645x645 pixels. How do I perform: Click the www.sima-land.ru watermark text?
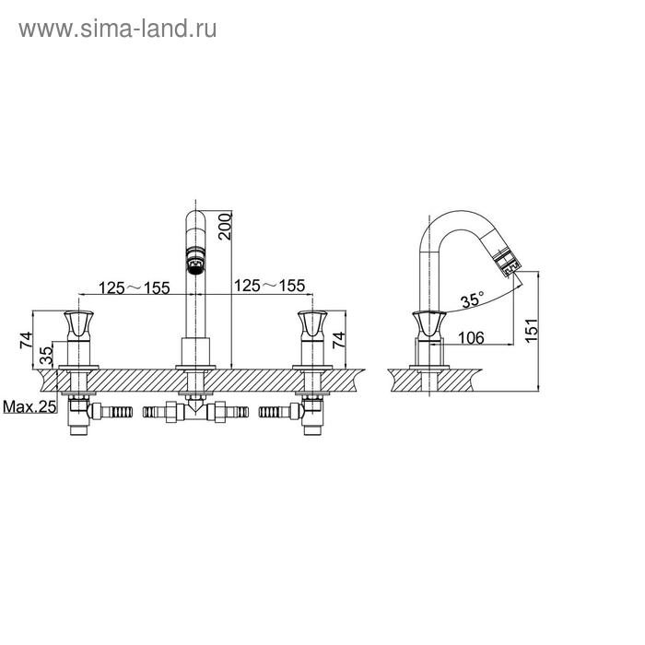pos(118,29)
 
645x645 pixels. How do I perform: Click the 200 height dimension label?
pos(225,227)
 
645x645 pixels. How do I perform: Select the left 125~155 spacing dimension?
pos(135,287)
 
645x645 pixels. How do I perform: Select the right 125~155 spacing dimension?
pos(270,286)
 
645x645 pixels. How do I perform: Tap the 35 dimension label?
pos(47,356)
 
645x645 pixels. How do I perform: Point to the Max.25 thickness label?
pos(29,407)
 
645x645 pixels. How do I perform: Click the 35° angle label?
pos(472,299)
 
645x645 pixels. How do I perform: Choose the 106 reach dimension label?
pos(472,338)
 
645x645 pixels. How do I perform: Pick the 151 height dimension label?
pos(532,330)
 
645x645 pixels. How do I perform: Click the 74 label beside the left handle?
pos(26,340)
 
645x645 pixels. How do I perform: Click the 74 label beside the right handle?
pos(339,340)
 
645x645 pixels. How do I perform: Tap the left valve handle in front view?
pos(78,326)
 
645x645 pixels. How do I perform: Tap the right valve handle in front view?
pos(312,326)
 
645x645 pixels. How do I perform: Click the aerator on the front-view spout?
pos(195,260)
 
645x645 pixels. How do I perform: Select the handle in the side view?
pos(429,326)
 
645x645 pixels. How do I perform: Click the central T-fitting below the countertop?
pos(195,412)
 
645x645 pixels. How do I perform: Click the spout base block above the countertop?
pos(195,352)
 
